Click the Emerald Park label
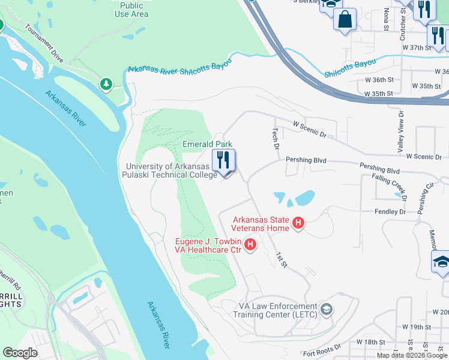point(207,145)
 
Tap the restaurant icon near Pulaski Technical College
point(223,161)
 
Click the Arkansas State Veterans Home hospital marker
point(298,225)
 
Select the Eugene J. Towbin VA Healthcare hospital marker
point(251,245)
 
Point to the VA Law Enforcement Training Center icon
point(327,310)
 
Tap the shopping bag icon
point(345,19)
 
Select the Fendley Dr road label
point(390,212)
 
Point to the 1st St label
point(281,259)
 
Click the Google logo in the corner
point(20,352)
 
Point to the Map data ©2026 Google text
point(412,355)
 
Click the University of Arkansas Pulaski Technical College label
point(171,170)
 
